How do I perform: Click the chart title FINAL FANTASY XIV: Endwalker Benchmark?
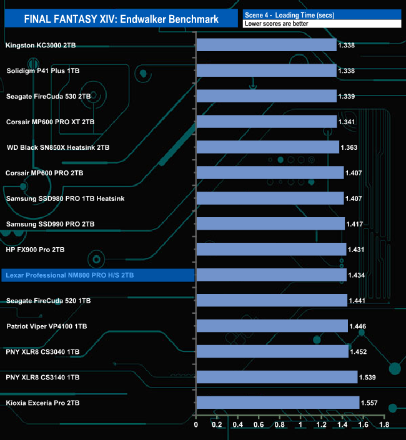121,19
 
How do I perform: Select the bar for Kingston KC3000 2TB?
267,45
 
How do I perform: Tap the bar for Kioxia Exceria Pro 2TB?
278,403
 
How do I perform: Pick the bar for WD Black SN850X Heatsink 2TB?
268,147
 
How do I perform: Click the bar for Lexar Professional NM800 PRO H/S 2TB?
271,275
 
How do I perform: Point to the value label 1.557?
370,403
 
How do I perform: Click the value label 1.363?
350,148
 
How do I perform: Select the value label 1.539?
368,378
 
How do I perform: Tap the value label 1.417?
355,224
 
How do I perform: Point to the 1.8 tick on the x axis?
384,425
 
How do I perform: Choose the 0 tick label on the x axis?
196,425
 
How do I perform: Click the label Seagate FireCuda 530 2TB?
48,97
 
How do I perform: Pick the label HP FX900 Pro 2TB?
35,250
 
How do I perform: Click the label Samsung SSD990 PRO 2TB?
50,224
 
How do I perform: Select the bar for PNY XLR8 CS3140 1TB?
277,377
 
